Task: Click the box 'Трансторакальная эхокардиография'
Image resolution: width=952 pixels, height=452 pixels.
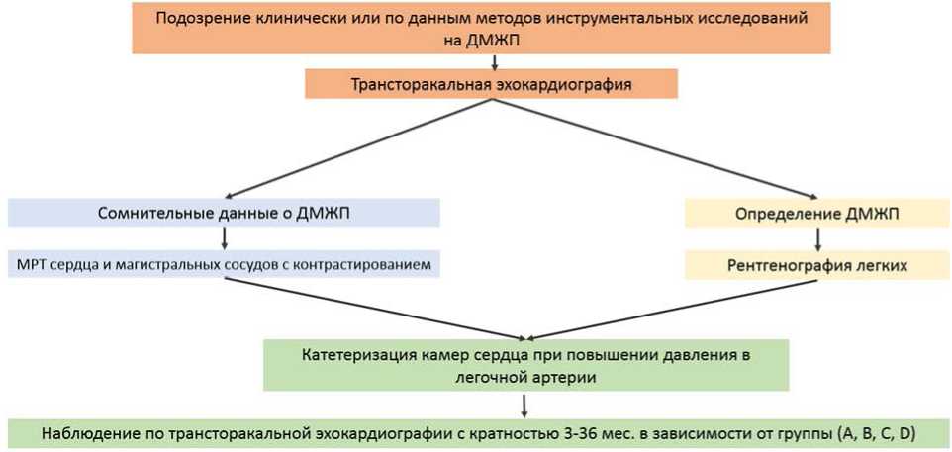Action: pyautogui.click(x=491, y=84)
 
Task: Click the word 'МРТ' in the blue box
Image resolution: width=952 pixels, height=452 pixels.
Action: pyautogui.click(x=34, y=265)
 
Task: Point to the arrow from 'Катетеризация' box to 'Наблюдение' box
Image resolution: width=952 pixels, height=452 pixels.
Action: pyautogui.click(x=524, y=404)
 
